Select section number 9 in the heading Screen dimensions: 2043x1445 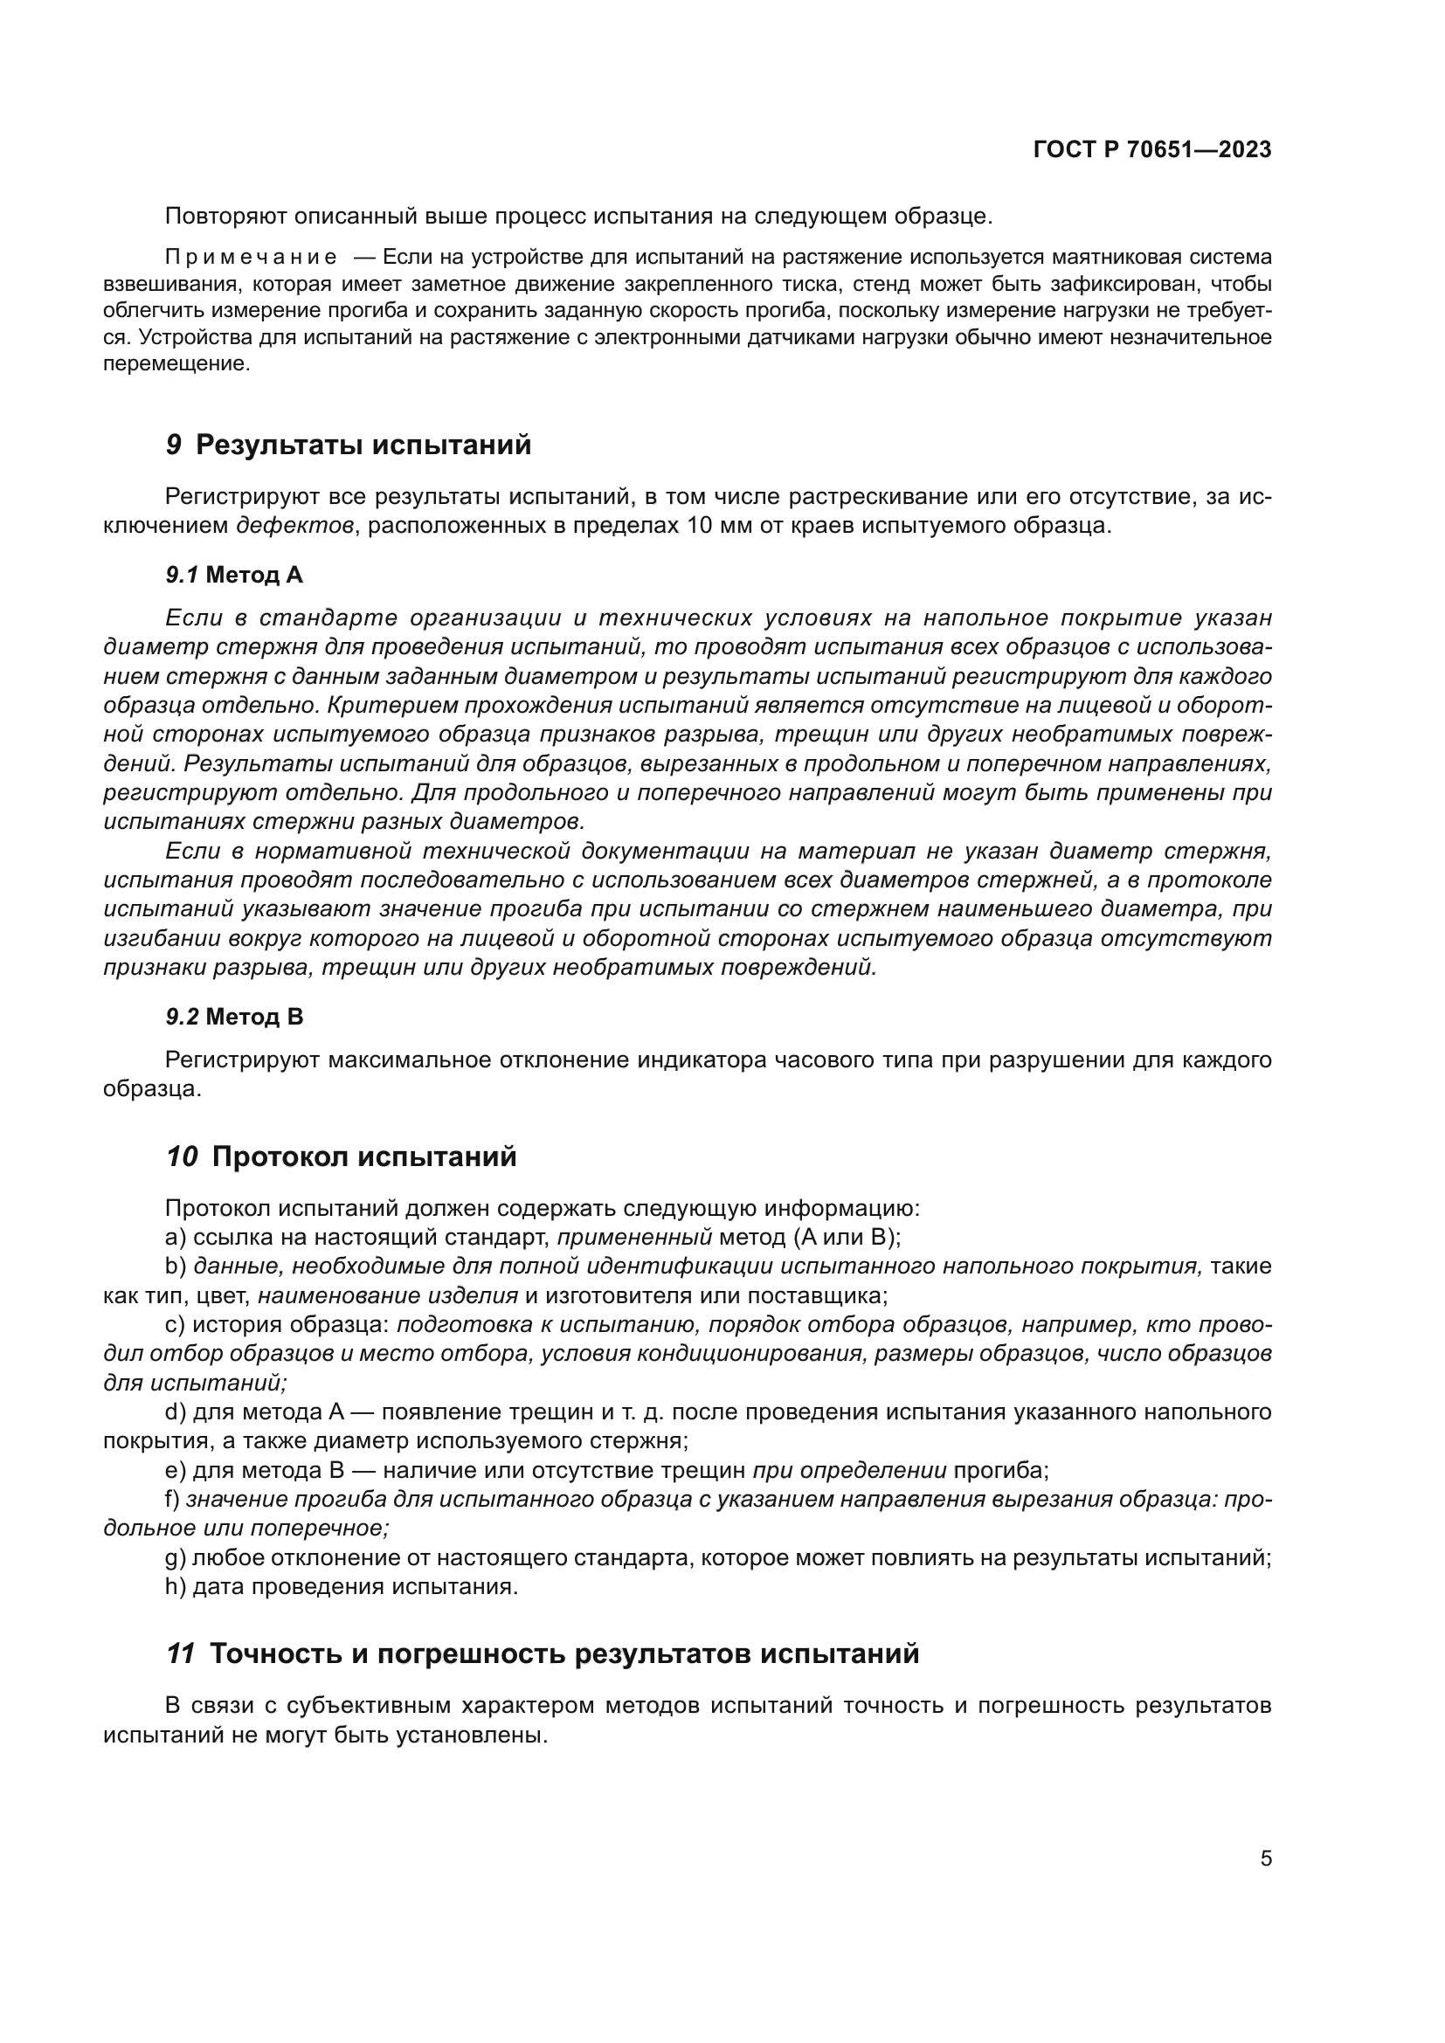pyautogui.click(x=174, y=445)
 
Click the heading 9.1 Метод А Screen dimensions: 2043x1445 pyautogui.click(x=234, y=575)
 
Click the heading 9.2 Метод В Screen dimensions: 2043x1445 pyautogui.click(x=234, y=1016)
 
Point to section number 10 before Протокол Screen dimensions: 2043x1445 pyautogui.click(x=182, y=1156)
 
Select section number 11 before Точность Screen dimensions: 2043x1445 pyautogui.click(x=181, y=1653)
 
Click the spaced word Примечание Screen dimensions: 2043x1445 pyautogui.click(x=251, y=258)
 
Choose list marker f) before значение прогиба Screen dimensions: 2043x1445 pyautogui.click(x=173, y=1500)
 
